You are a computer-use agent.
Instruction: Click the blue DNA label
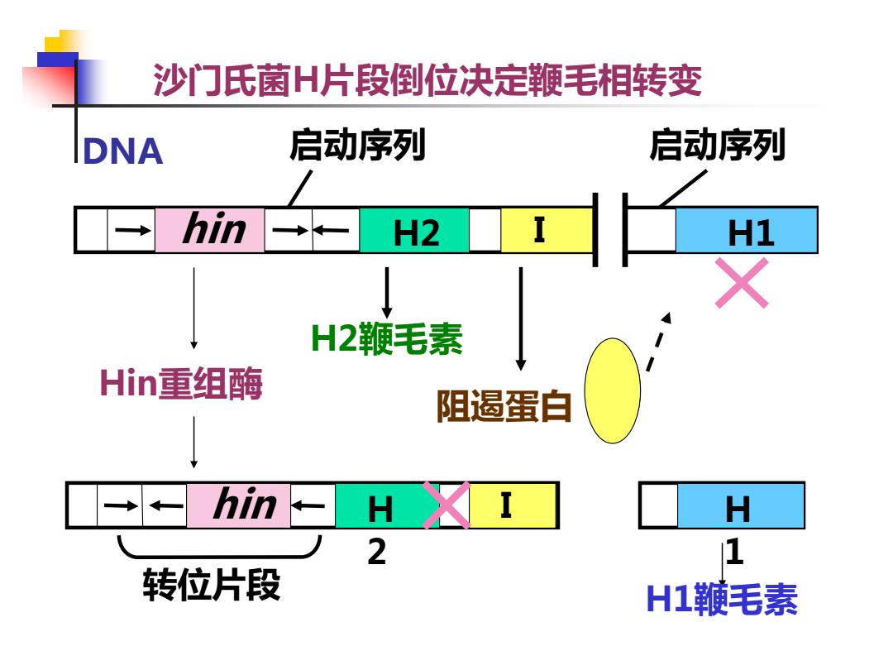(123, 151)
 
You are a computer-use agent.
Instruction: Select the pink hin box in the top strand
(209, 230)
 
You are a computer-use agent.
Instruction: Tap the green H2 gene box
(414, 230)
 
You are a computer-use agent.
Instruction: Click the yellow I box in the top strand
(547, 230)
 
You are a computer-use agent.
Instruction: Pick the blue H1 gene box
(747, 230)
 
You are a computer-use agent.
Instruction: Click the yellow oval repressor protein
(613, 390)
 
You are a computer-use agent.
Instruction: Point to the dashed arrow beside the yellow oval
(659, 342)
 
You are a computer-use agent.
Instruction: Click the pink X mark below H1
(742, 283)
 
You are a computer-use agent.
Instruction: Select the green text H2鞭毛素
(387, 338)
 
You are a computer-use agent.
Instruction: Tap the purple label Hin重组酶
(181, 383)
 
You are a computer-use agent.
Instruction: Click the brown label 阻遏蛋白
(504, 406)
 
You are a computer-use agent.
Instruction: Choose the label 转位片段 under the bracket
(212, 585)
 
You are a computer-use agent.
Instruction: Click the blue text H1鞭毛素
(722, 600)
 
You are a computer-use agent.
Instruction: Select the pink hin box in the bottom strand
(239, 505)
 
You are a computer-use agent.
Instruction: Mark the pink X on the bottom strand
(446, 505)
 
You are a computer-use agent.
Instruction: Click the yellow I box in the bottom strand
(512, 505)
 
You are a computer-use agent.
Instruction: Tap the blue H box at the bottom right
(740, 505)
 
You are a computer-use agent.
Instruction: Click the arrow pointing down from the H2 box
(387, 293)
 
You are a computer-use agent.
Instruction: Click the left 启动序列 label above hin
(358, 145)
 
